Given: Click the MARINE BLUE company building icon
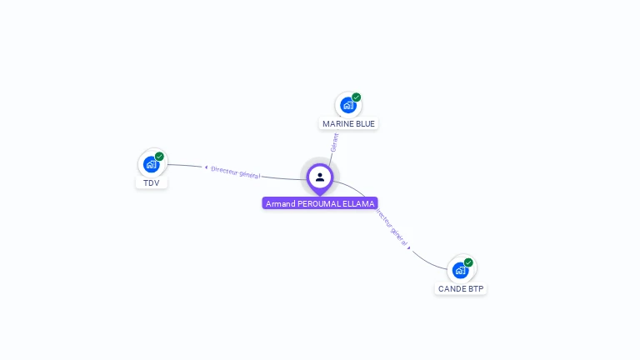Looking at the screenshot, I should pyautogui.click(x=347, y=106).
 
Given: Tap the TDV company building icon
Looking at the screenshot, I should pyautogui.click(x=151, y=164).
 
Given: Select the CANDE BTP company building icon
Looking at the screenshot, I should pyautogui.click(x=460, y=270).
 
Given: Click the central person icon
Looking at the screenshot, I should pyautogui.click(x=320, y=177).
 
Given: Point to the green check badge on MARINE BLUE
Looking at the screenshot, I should pyautogui.click(x=357, y=97).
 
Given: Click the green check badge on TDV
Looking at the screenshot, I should pyautogui.click(x=159, y=156).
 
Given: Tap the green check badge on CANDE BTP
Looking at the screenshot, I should pyautogui.click(x=468, y=262).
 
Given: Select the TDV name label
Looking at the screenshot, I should pyautogui.click(x=151, y=182).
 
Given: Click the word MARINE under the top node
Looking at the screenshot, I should pyautogui.click(x=338, y=124).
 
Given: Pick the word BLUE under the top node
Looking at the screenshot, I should pyautogui.click(x=365, y=124).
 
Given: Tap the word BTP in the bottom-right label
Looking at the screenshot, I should pyautogui.click(x=476, y=289).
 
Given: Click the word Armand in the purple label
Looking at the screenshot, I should pyautogui.click(x=280, y=203).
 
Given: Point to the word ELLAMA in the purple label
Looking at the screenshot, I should pyautogui.click(x=361, y=203).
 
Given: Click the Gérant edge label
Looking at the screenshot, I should pyautogui.click(x=334, y=142).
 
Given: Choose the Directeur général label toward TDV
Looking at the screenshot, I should pyautogui.click(x=236, y=172).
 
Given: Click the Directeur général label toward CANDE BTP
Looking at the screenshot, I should pyautogui.click(x=390, y=227).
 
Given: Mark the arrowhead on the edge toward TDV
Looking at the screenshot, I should pyautogui.click(x=206, y=167).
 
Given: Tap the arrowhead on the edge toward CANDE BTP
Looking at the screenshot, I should pyautogui.click(x=409, y=247).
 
